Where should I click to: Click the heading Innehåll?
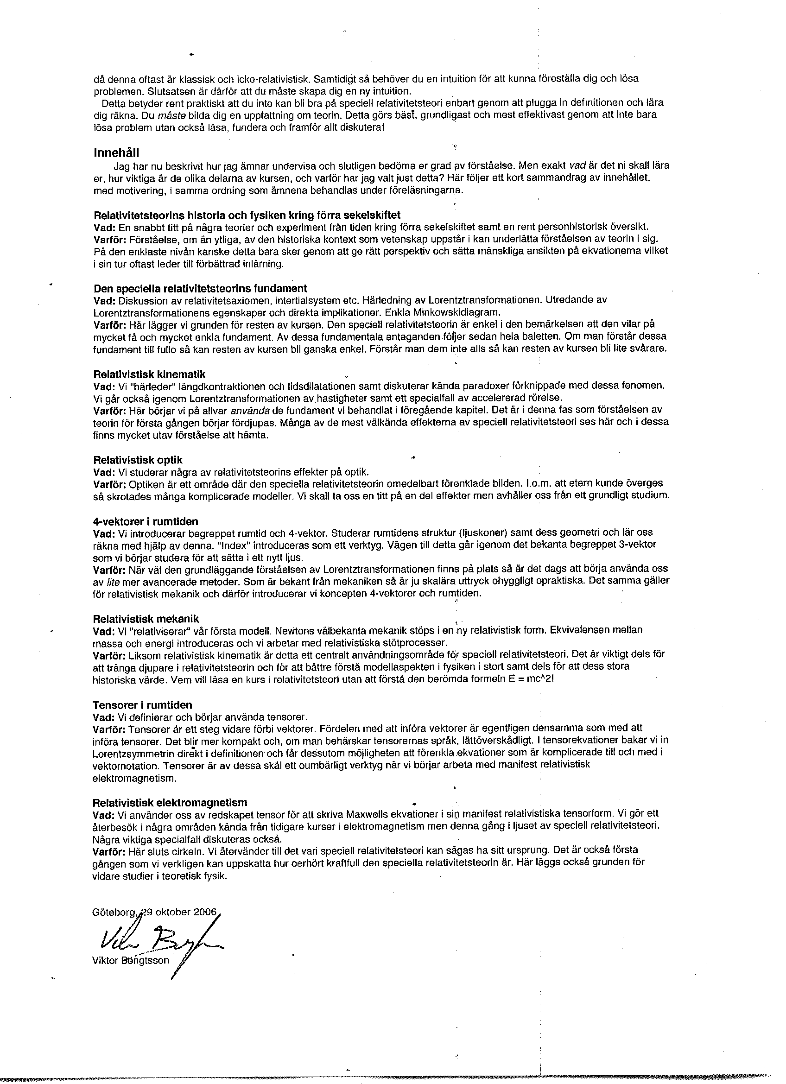[117, 153]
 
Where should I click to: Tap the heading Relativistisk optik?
[138, 460]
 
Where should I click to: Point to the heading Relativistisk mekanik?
[146, 620]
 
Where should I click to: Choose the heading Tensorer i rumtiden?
[142, 705]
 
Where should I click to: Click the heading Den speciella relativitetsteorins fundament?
[200, 289]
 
